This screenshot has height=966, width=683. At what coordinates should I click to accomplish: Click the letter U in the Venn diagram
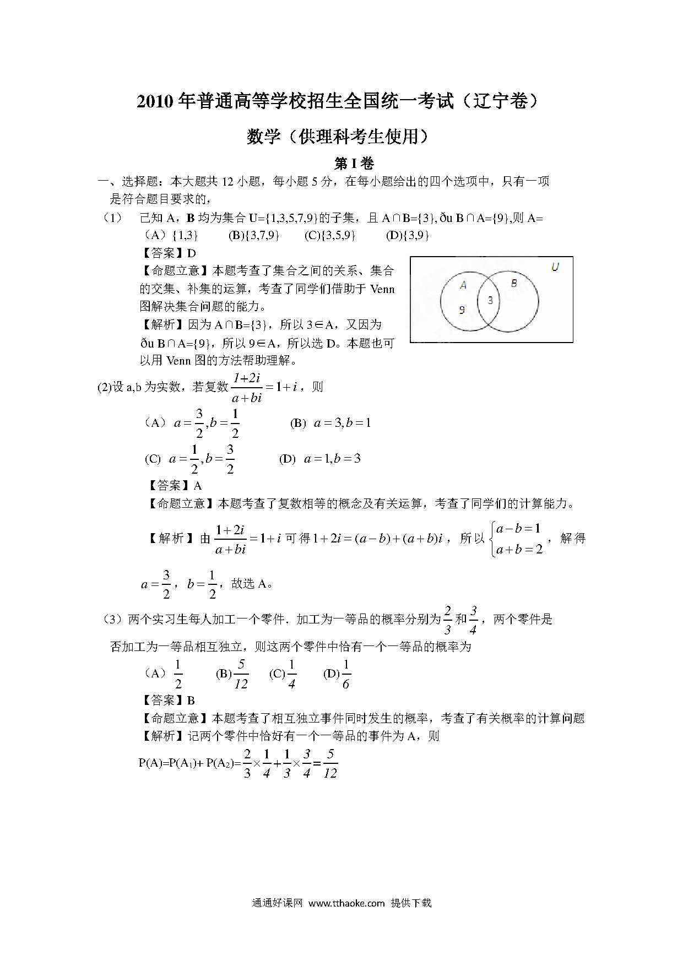coord(555,267)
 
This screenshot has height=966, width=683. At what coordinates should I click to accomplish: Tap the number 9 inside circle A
coord(462,310)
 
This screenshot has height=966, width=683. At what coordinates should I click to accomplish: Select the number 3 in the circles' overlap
coord(490,301)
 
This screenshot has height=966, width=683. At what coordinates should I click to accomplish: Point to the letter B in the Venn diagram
coord(514,283)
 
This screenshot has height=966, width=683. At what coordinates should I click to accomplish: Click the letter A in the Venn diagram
coord(463,285)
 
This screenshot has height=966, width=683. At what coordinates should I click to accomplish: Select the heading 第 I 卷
coord(354,164)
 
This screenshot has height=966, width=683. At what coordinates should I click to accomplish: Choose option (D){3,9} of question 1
coord(408,235)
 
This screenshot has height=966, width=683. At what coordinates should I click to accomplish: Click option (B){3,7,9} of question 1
coord(254,235)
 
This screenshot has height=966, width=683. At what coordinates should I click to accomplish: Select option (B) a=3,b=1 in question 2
coord(330,423)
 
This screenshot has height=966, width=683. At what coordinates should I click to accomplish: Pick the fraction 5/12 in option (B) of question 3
coord(241,674)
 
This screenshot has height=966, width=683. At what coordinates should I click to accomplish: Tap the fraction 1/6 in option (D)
coord(346,674)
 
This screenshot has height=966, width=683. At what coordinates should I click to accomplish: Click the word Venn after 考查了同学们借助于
coord(383,289)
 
